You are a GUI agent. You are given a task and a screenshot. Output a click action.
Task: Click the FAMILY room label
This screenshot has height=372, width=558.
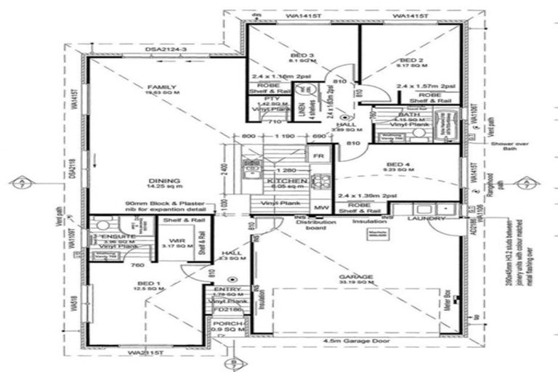(157, 87)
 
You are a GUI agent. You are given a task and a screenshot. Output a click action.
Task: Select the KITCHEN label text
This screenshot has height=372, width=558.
(278, 179)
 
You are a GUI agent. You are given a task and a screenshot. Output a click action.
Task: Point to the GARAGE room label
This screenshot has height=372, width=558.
(356, 277)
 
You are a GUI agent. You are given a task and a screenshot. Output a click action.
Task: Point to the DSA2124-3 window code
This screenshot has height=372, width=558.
(166, 49)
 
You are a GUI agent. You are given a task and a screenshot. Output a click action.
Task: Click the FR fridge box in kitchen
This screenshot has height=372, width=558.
(317, 155)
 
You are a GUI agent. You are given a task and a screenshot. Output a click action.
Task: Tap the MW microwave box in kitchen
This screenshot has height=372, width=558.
(317, 207)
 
